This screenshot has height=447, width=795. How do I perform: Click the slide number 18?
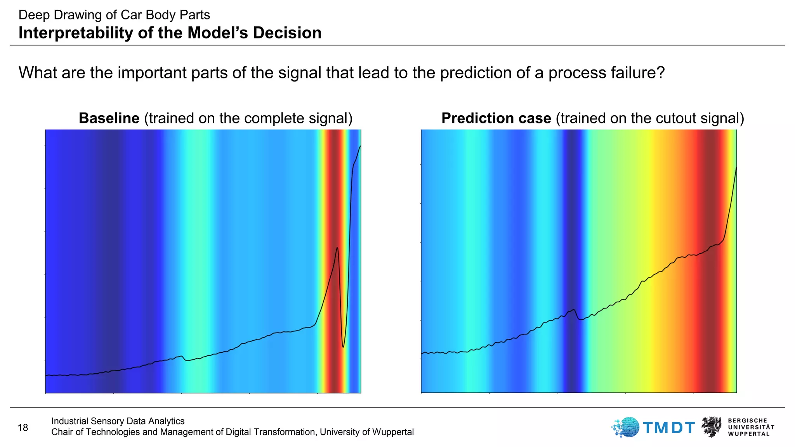(23, 428)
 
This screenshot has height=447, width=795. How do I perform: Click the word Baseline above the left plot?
(109, 118)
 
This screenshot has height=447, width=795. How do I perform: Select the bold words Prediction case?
(496, 118)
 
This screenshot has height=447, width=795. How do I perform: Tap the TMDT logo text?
(669, 428)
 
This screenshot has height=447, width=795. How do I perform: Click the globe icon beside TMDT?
(627, 427)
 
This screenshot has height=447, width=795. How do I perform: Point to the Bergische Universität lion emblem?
(712, 427)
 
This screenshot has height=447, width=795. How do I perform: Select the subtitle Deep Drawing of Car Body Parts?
(114, 15)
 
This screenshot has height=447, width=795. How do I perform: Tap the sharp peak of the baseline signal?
(337, 248)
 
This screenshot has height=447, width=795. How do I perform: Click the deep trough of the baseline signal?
(343, 347)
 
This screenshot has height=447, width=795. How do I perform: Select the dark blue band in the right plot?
(573, 194)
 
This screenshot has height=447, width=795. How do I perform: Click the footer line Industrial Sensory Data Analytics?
(118, 421)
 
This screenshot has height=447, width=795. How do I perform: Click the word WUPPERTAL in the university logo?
(749, 434)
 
